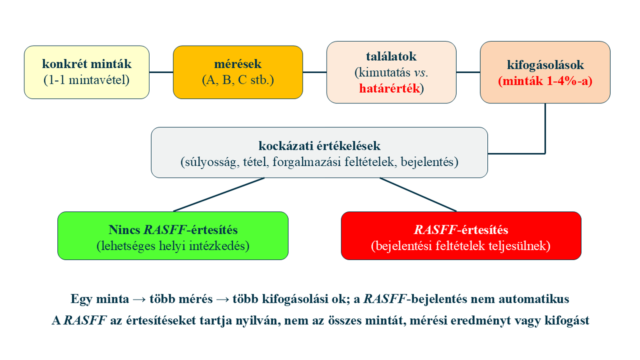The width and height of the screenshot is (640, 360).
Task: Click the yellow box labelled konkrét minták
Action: [x=87, y=72]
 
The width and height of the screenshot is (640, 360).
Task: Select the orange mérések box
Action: [x=238, y=72]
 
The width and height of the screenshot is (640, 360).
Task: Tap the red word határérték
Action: [x=389, y=89]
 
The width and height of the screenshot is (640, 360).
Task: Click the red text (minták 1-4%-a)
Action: [x=545, y=81]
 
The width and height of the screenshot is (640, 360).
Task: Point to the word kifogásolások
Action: [x=545, y=65]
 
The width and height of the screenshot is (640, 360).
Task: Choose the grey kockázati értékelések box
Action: [x=319, y=153]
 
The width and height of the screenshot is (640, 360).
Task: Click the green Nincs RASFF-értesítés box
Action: [x=173, y=236]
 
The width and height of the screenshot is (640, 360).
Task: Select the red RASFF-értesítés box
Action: [x=461, y=236]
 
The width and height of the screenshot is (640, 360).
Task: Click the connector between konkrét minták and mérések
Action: [x=161, y=72]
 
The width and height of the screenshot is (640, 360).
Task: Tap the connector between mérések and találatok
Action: [x=314, y=72]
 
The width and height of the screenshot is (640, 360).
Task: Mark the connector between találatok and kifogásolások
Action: [x=468, y=72]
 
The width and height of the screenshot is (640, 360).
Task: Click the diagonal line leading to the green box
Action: [x=219, y=195]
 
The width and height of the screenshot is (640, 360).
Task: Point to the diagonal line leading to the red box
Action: [x=418, y=195]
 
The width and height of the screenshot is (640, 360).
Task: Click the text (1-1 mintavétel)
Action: [x=87, y=80]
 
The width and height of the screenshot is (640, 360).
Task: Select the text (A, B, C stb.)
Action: [x=238, y=80]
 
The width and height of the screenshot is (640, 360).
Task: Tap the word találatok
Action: [x=391, y=56]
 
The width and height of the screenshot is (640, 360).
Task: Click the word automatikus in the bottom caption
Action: [x=534, y=299]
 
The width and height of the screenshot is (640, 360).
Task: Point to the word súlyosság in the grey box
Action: [x=210, y=162]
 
